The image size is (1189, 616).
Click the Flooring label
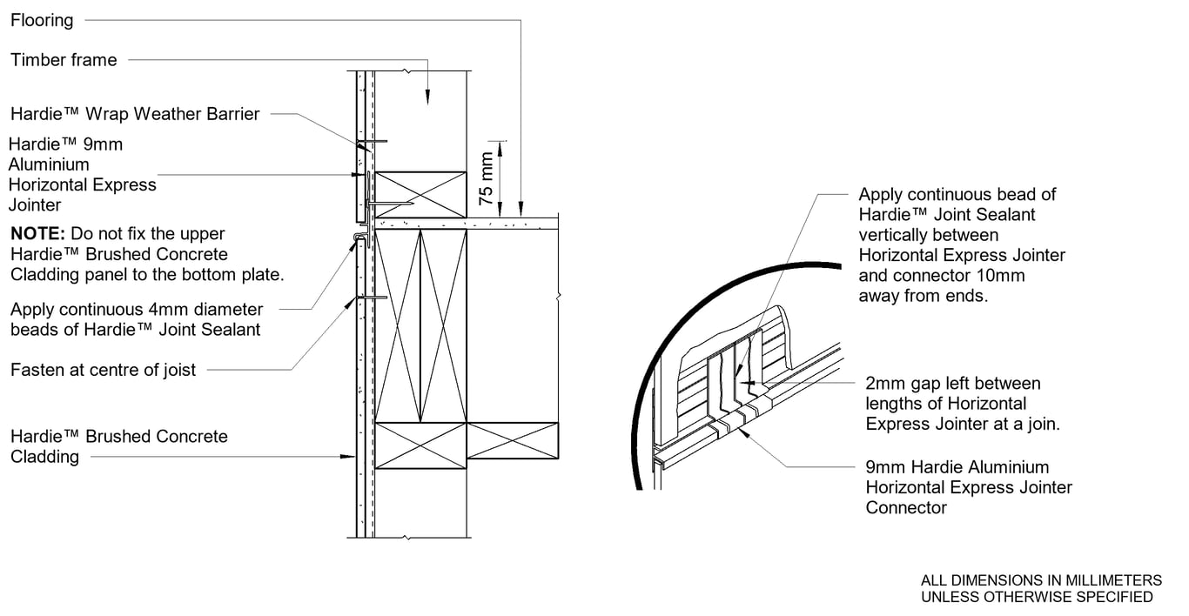(x=42, y=20)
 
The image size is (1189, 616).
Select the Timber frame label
(x=64, y=60)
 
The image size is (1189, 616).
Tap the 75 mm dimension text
(x=486, y=179)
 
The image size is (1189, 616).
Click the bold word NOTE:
(x=37, y=233)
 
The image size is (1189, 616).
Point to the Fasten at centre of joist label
(x=103, y=370)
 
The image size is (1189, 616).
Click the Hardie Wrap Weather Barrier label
(x=135, y=114)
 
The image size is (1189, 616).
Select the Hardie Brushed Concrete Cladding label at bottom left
(x=119, y=446)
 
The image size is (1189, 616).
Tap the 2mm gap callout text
(x=963, y=403)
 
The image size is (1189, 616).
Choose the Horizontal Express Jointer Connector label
(x=969, y=487)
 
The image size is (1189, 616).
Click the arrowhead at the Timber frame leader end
(x=427, y=97)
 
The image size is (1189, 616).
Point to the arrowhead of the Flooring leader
(x=521, y=209)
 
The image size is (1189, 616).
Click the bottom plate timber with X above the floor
(x=420, y=194)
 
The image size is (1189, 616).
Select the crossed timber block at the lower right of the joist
(x=512, y=440)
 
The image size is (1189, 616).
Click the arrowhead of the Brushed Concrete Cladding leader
(x=347, y=456)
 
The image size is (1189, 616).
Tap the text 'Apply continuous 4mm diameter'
(x=137, y=310)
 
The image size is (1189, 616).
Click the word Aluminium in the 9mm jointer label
(x=49, y=164)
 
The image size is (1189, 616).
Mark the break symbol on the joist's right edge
(x=558, y=296)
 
